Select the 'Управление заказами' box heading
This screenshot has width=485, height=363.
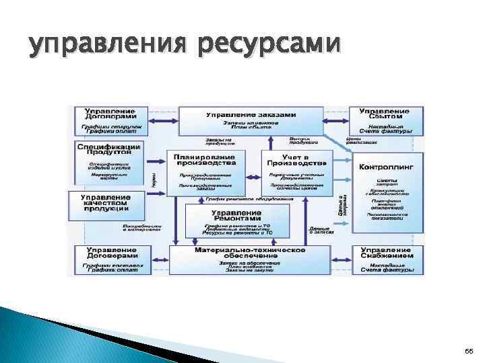(250, 114)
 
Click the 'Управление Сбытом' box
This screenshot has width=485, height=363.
(385, 120)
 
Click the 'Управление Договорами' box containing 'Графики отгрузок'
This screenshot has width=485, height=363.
(110, 120)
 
